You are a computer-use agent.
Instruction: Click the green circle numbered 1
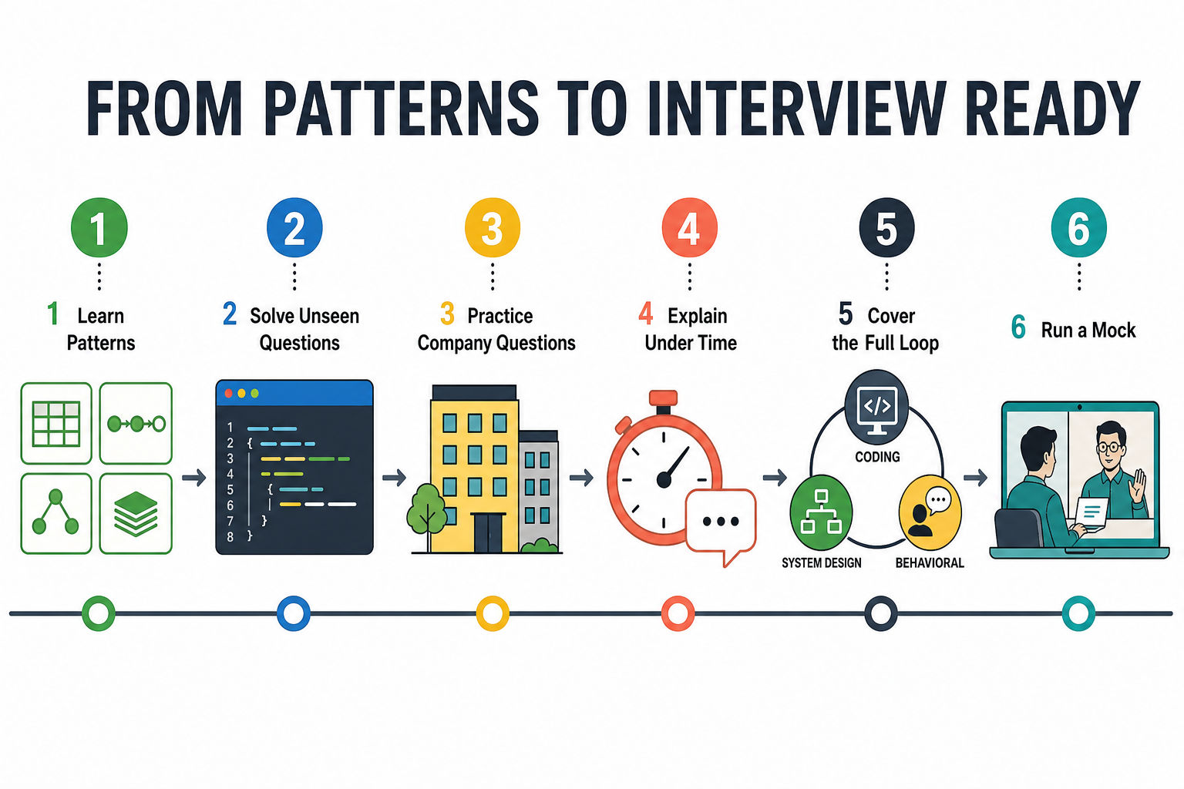click(99, 228)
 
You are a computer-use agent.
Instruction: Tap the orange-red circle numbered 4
click(689, 228)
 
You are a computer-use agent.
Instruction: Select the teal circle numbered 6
click(1079, 228)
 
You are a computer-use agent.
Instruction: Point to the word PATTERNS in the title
click(401, 109)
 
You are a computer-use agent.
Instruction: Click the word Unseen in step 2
click(331, 316)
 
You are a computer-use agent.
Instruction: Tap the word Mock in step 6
click(1114, 331)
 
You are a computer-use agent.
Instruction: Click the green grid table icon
click(56, 424)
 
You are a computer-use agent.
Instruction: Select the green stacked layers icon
click(136, 514)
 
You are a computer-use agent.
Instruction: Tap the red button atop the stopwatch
click(663, 398)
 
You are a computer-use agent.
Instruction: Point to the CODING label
click(877, 457)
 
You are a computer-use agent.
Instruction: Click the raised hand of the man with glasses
click(1136, 487)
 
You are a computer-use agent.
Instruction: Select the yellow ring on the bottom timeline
click(493, 613)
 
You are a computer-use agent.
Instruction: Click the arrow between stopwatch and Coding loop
click(775, 478)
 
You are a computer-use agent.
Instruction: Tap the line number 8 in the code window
click(230, 537)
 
